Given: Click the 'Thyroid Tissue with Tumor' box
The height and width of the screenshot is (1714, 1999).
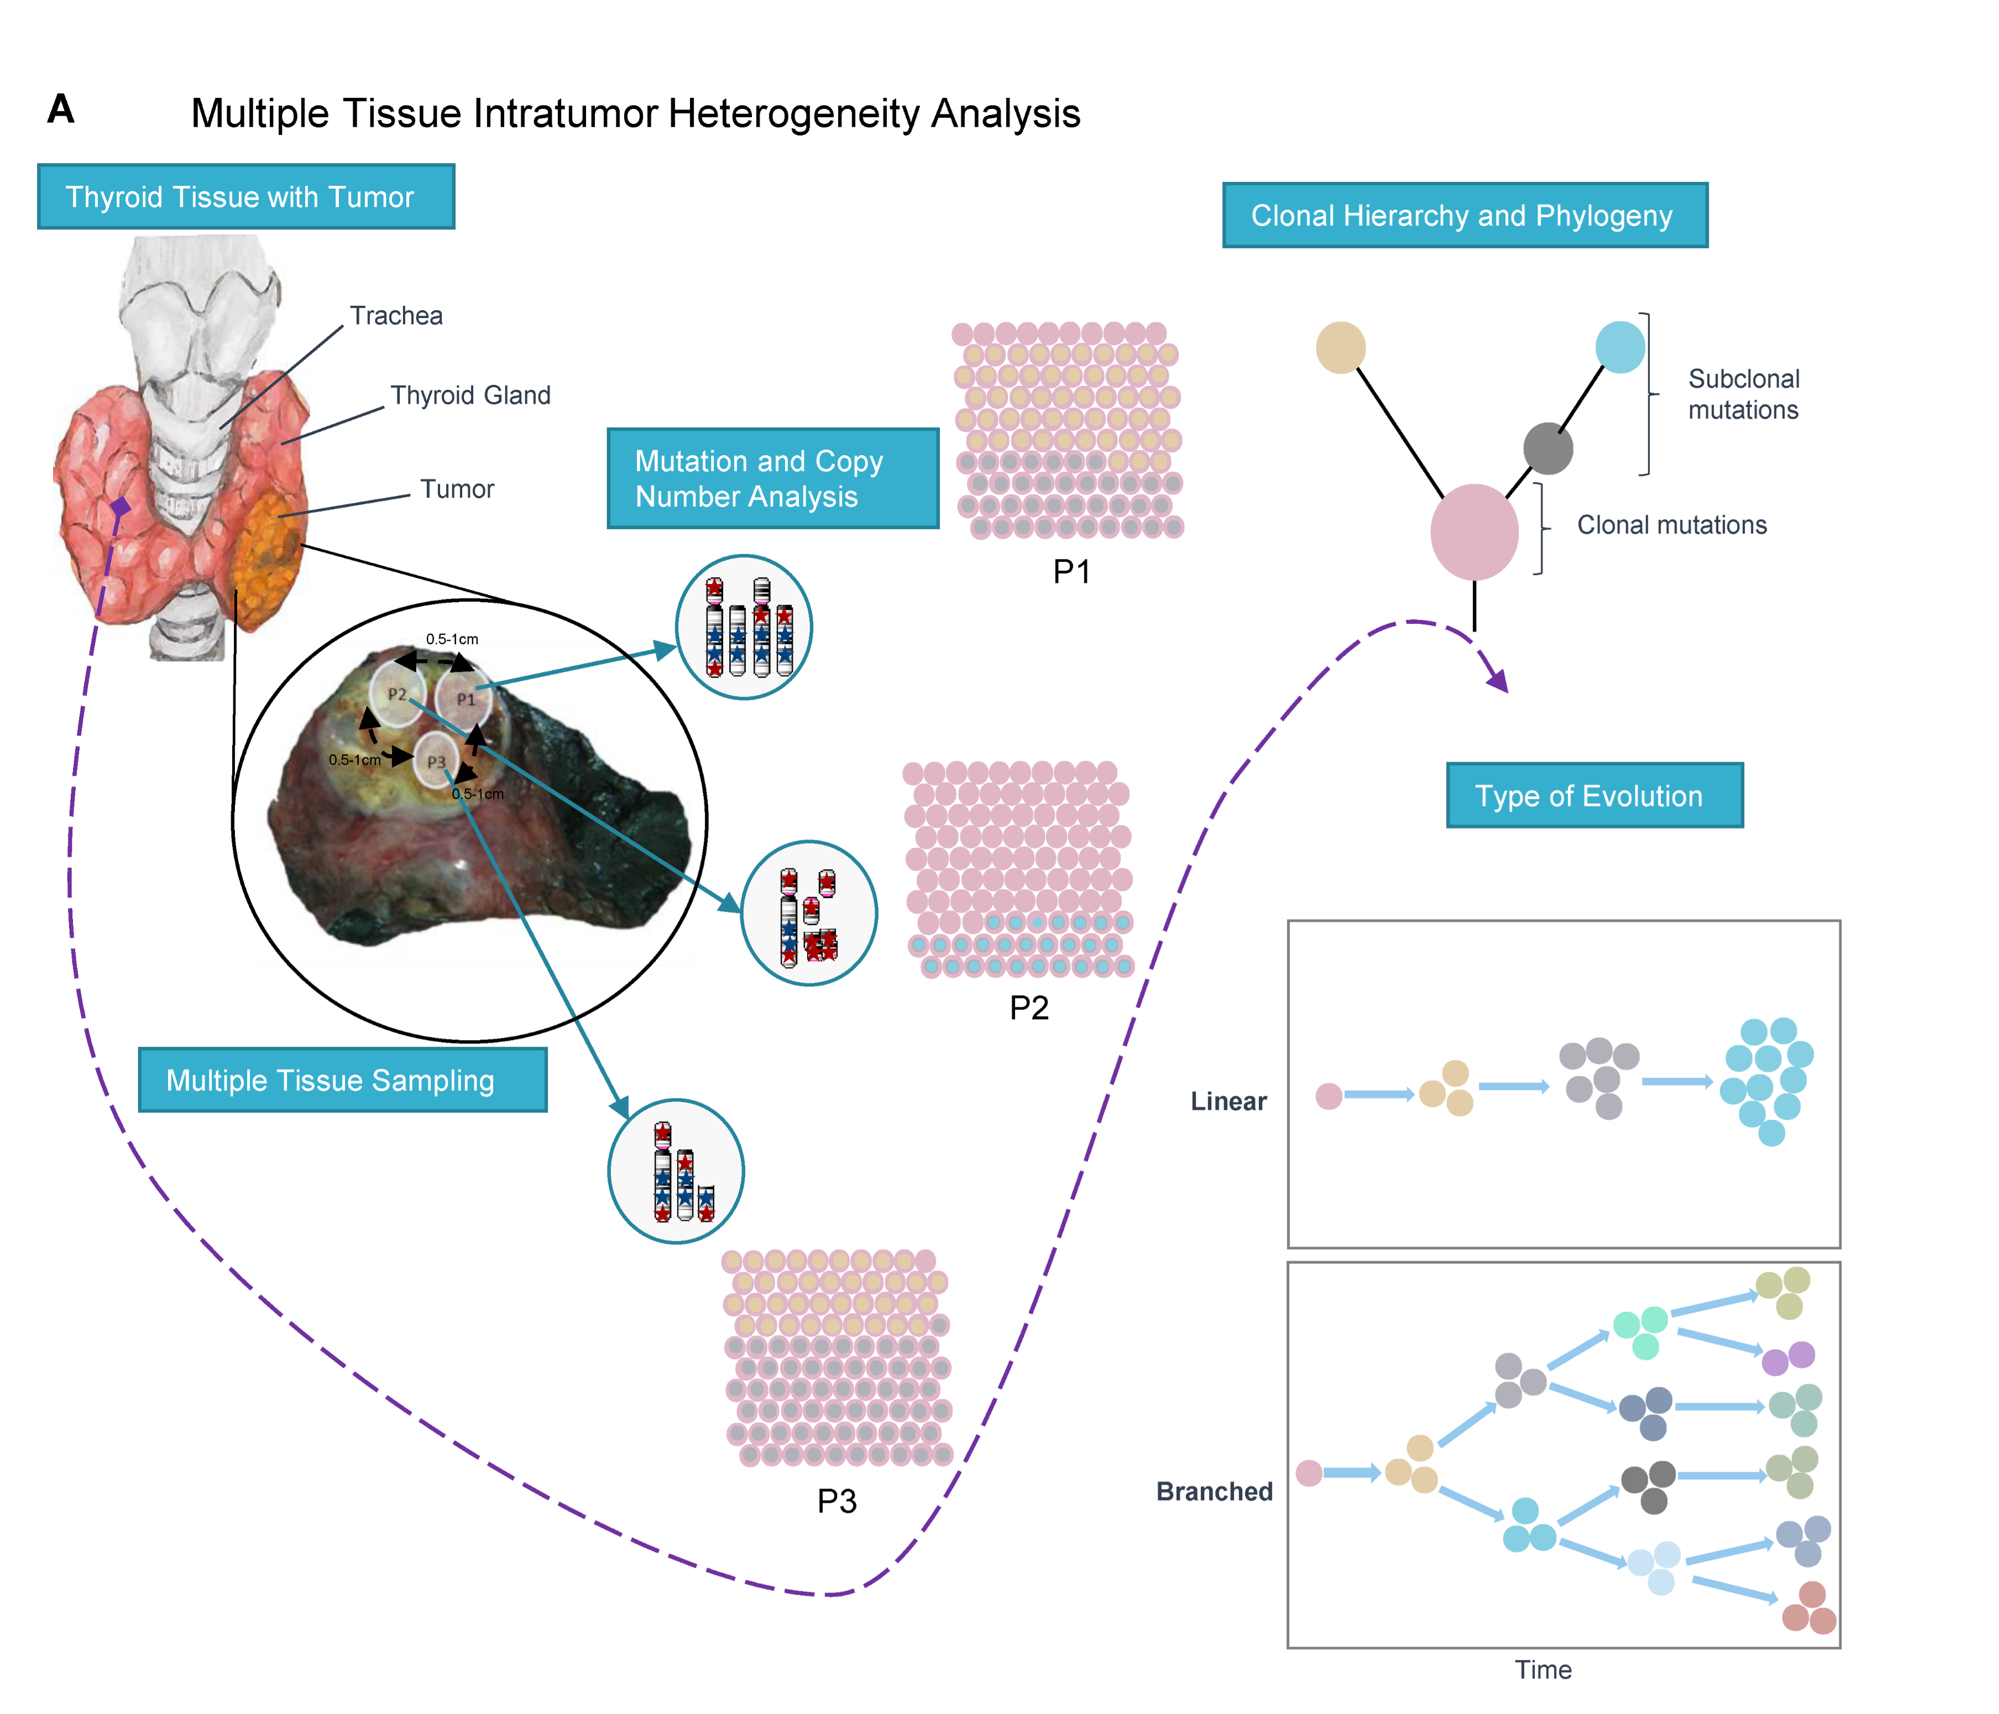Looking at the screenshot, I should click(x=245, y=197).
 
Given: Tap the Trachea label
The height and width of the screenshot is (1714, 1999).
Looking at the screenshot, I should click(x=396, y=316).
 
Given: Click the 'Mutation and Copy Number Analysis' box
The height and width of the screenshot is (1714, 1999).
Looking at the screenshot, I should click(x=772, y=479).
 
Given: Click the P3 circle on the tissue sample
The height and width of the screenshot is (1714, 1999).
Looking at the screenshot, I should click(x=436, y=761).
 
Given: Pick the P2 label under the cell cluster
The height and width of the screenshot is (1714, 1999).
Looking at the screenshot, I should click(x=1028, y=1007).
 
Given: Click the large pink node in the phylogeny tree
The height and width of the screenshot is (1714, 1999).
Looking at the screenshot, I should click(x=1473, y=532).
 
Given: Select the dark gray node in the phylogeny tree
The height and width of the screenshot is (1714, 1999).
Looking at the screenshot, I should click(x=1547, y=449).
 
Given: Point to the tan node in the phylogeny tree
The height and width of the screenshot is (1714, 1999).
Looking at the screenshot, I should click(x=1340, y=347).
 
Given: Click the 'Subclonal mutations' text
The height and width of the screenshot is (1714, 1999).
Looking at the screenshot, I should click(x=1742, y=394).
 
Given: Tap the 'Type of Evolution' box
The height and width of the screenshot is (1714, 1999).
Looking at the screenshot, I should click(x=1594, y=795).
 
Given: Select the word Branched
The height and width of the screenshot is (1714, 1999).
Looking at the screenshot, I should click(x=1213, y=1491).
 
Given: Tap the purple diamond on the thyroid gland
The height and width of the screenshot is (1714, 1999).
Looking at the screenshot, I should click(x=119, y=506).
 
